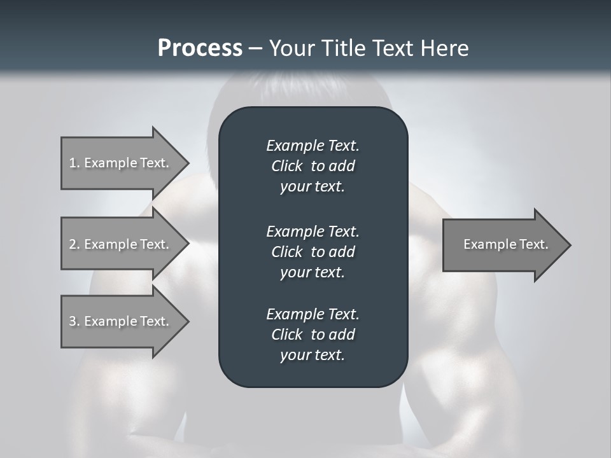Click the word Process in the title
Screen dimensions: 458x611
[x=200, y=48]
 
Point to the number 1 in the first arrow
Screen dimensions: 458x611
[x=73, y=163]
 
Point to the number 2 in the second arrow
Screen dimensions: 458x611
[x=73, y=244]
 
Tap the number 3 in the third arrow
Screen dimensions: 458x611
[x=73, y=321]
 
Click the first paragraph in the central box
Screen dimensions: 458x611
[x=313, y=166]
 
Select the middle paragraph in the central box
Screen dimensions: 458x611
[x=313, y=251]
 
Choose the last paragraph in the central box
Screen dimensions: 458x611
[x=313, y=335]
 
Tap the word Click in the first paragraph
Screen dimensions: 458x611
[x=286, y=166]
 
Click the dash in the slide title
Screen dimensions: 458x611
[x=256, y=49]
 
